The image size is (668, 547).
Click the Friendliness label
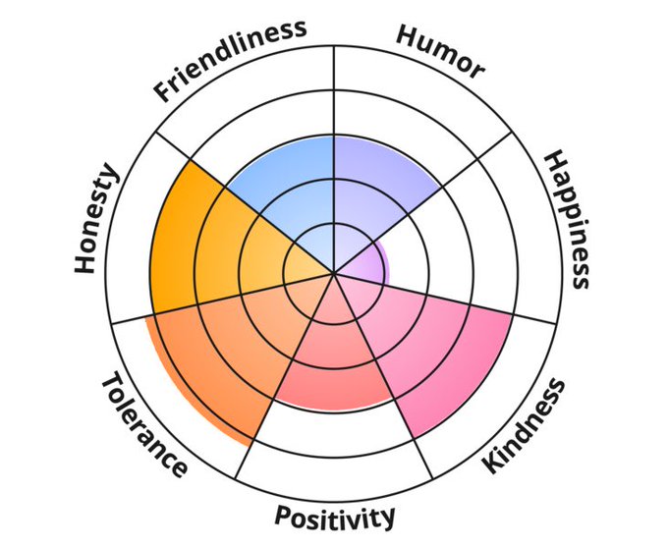coord(230,59)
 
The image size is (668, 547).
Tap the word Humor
coord(440,51)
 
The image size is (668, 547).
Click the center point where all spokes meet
coord(334,273)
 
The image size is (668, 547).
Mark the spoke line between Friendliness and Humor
coord(334,98)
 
